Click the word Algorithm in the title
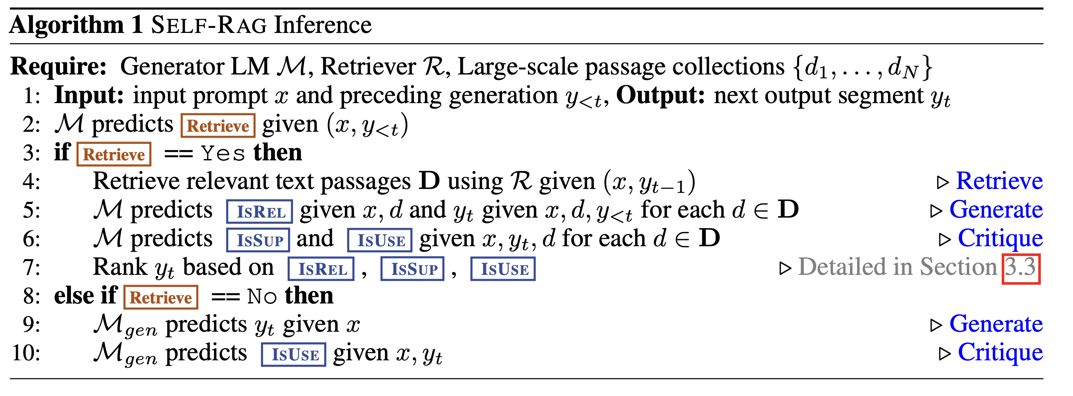pos(67,25)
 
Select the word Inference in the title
pos(323,25)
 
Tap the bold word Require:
pos(59,66)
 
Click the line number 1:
pos(32,96)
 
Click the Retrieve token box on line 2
pos(218,125)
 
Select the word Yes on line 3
pos(223,154)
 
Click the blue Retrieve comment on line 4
pos(999,181)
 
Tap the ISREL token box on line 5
pos(259,211)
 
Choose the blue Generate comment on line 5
pos(996,210)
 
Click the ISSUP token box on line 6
pos(258,240)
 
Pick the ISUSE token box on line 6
pos(380,240)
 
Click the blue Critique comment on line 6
pos(1000,238)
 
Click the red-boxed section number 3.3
pos(1021,268)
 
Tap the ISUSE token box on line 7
pos(503,269)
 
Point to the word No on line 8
pos(261,297)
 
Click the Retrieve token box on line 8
pos(161,297)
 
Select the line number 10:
pos(26,354)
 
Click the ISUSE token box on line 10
pos(294,355)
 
